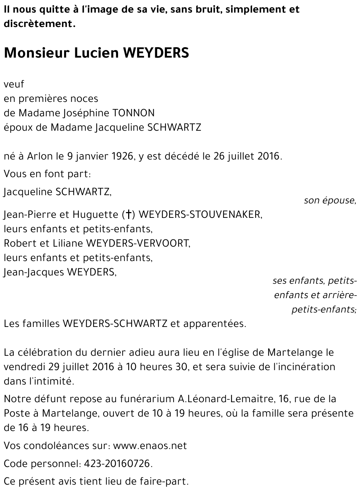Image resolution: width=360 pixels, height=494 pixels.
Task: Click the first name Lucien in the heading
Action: pyautogui.click(x=96, y=53)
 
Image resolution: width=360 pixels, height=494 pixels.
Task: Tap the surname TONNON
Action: pyautogui.click(x=134, y=113)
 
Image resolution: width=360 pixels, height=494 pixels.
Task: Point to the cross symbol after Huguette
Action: pyautogui.click(x=128, y=215)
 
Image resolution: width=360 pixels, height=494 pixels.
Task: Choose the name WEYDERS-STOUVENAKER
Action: pyautogui.click(x=200, y=215)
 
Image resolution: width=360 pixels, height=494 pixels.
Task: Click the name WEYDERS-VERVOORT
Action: pyautogui.click(x=138, y=243)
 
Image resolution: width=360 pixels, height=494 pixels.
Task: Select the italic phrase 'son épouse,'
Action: pyautogui.click(x=330, y=201)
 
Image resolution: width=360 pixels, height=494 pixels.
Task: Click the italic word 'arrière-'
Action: pyautogui.click(x=340, y=295)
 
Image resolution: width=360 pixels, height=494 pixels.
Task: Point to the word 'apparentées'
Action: pyautogui.click(x=215, y=324)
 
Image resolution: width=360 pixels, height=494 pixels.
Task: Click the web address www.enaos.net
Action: pyautogui.click(x=150, y=446)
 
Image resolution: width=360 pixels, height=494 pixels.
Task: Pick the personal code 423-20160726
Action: pyautogui.click(x=118, y=464)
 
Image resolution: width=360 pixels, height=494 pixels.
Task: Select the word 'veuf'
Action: pyautogui.click(x=14, y=84)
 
